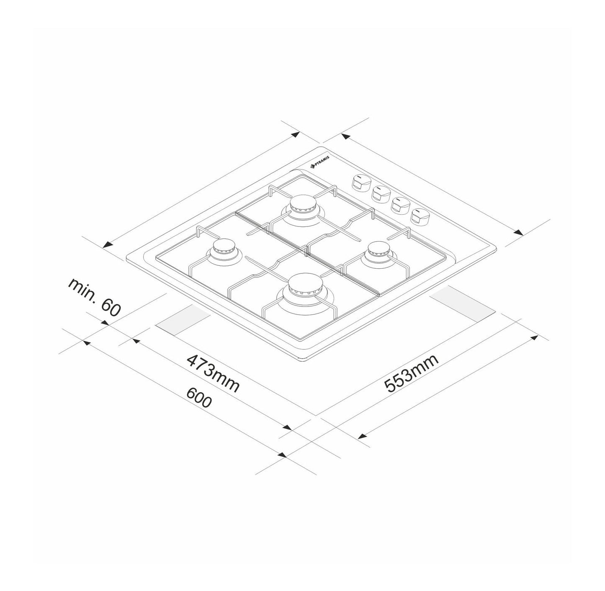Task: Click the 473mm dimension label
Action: point(213,374)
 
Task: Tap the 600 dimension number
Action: point(199,398)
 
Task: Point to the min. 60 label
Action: point(95,296)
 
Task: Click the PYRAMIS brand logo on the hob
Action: point(320,162)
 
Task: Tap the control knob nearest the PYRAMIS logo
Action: point(359,182)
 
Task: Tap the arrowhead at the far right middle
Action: point(518,232)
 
